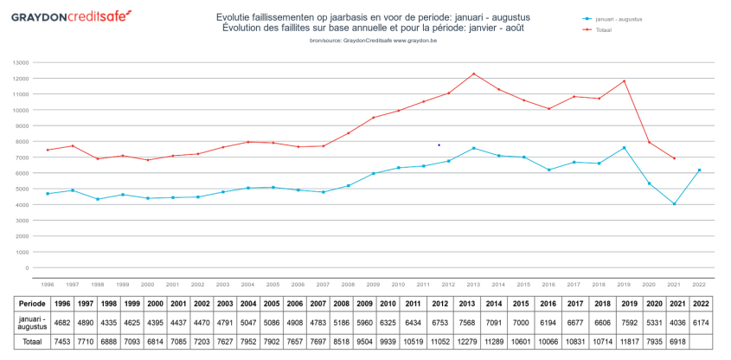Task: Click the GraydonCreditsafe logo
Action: [x=72, y=16]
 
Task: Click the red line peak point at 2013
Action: [x=474, y=74]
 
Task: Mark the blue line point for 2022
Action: [x=699, y=170]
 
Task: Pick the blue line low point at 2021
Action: [x=674, y=204]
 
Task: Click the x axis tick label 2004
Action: [x=247, y=284]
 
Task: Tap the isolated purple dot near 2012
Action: [x=439, y=145]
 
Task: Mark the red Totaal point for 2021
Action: [x=674, y=158]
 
